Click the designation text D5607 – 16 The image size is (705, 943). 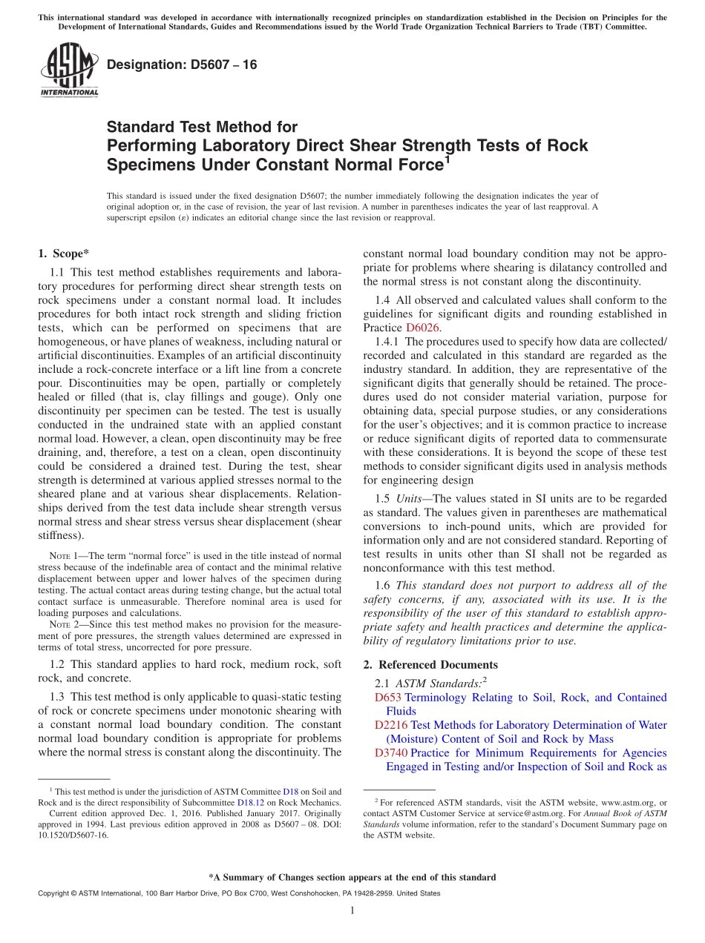[182, 64]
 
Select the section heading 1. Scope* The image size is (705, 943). [63, 254]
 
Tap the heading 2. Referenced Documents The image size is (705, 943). [430, 664]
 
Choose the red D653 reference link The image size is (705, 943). [388, 698]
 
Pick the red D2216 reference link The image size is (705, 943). [391, 725]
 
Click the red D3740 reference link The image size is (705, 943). [391, 753]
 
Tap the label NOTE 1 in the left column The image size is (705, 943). [62, 556]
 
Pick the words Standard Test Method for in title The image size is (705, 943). [203, 128]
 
